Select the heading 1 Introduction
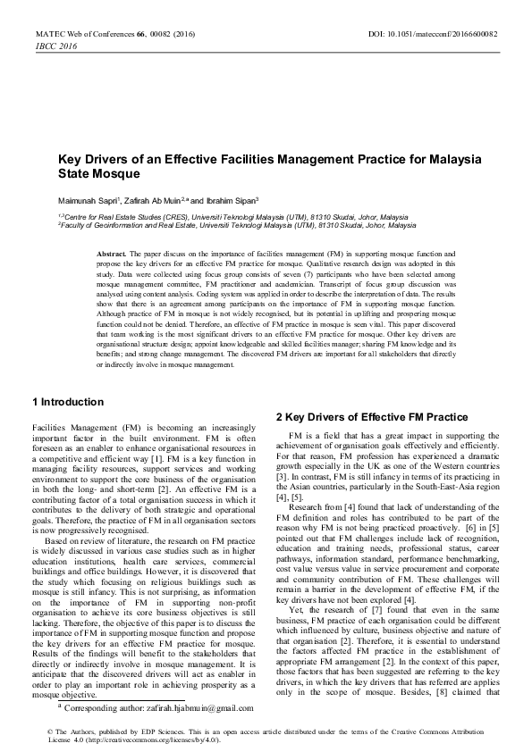click(67, 402)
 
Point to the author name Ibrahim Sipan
click(233, 201)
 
